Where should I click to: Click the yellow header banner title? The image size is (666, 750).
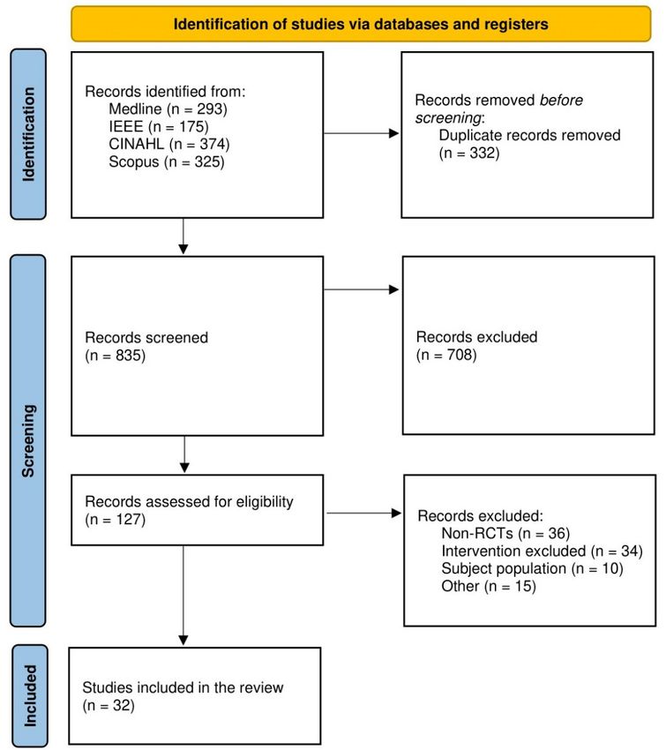click(361, 24)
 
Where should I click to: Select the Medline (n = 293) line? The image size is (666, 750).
click(168, 109)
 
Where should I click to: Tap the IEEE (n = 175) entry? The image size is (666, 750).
click(159, 127)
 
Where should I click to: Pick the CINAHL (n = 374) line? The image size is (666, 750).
click(169, 144)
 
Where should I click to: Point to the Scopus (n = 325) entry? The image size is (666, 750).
click(167, 161)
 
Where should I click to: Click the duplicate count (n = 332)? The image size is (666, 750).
click(469, 153)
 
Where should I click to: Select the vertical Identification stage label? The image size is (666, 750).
click(29, 134)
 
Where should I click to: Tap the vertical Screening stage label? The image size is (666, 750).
click(29, 440)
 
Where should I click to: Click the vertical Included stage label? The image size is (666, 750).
click(30, 696)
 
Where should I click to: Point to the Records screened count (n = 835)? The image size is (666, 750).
click(116, 356)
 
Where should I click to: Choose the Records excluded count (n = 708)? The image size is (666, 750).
click(446, 355)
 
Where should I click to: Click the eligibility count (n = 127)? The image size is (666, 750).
click(116, 520)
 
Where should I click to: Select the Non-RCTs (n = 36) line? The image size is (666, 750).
click(505, 533)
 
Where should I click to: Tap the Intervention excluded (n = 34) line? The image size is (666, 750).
click(542, 551)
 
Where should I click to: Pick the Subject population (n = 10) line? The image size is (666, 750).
click(532, 569)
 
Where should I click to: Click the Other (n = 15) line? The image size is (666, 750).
click(489, 587)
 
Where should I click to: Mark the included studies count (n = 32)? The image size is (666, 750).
click(109, 706)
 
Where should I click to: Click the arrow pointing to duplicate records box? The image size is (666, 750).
click(362, 133)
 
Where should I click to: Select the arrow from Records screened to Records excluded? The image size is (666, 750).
click(362, 289)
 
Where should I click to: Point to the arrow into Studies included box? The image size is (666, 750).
click(183, 596)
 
